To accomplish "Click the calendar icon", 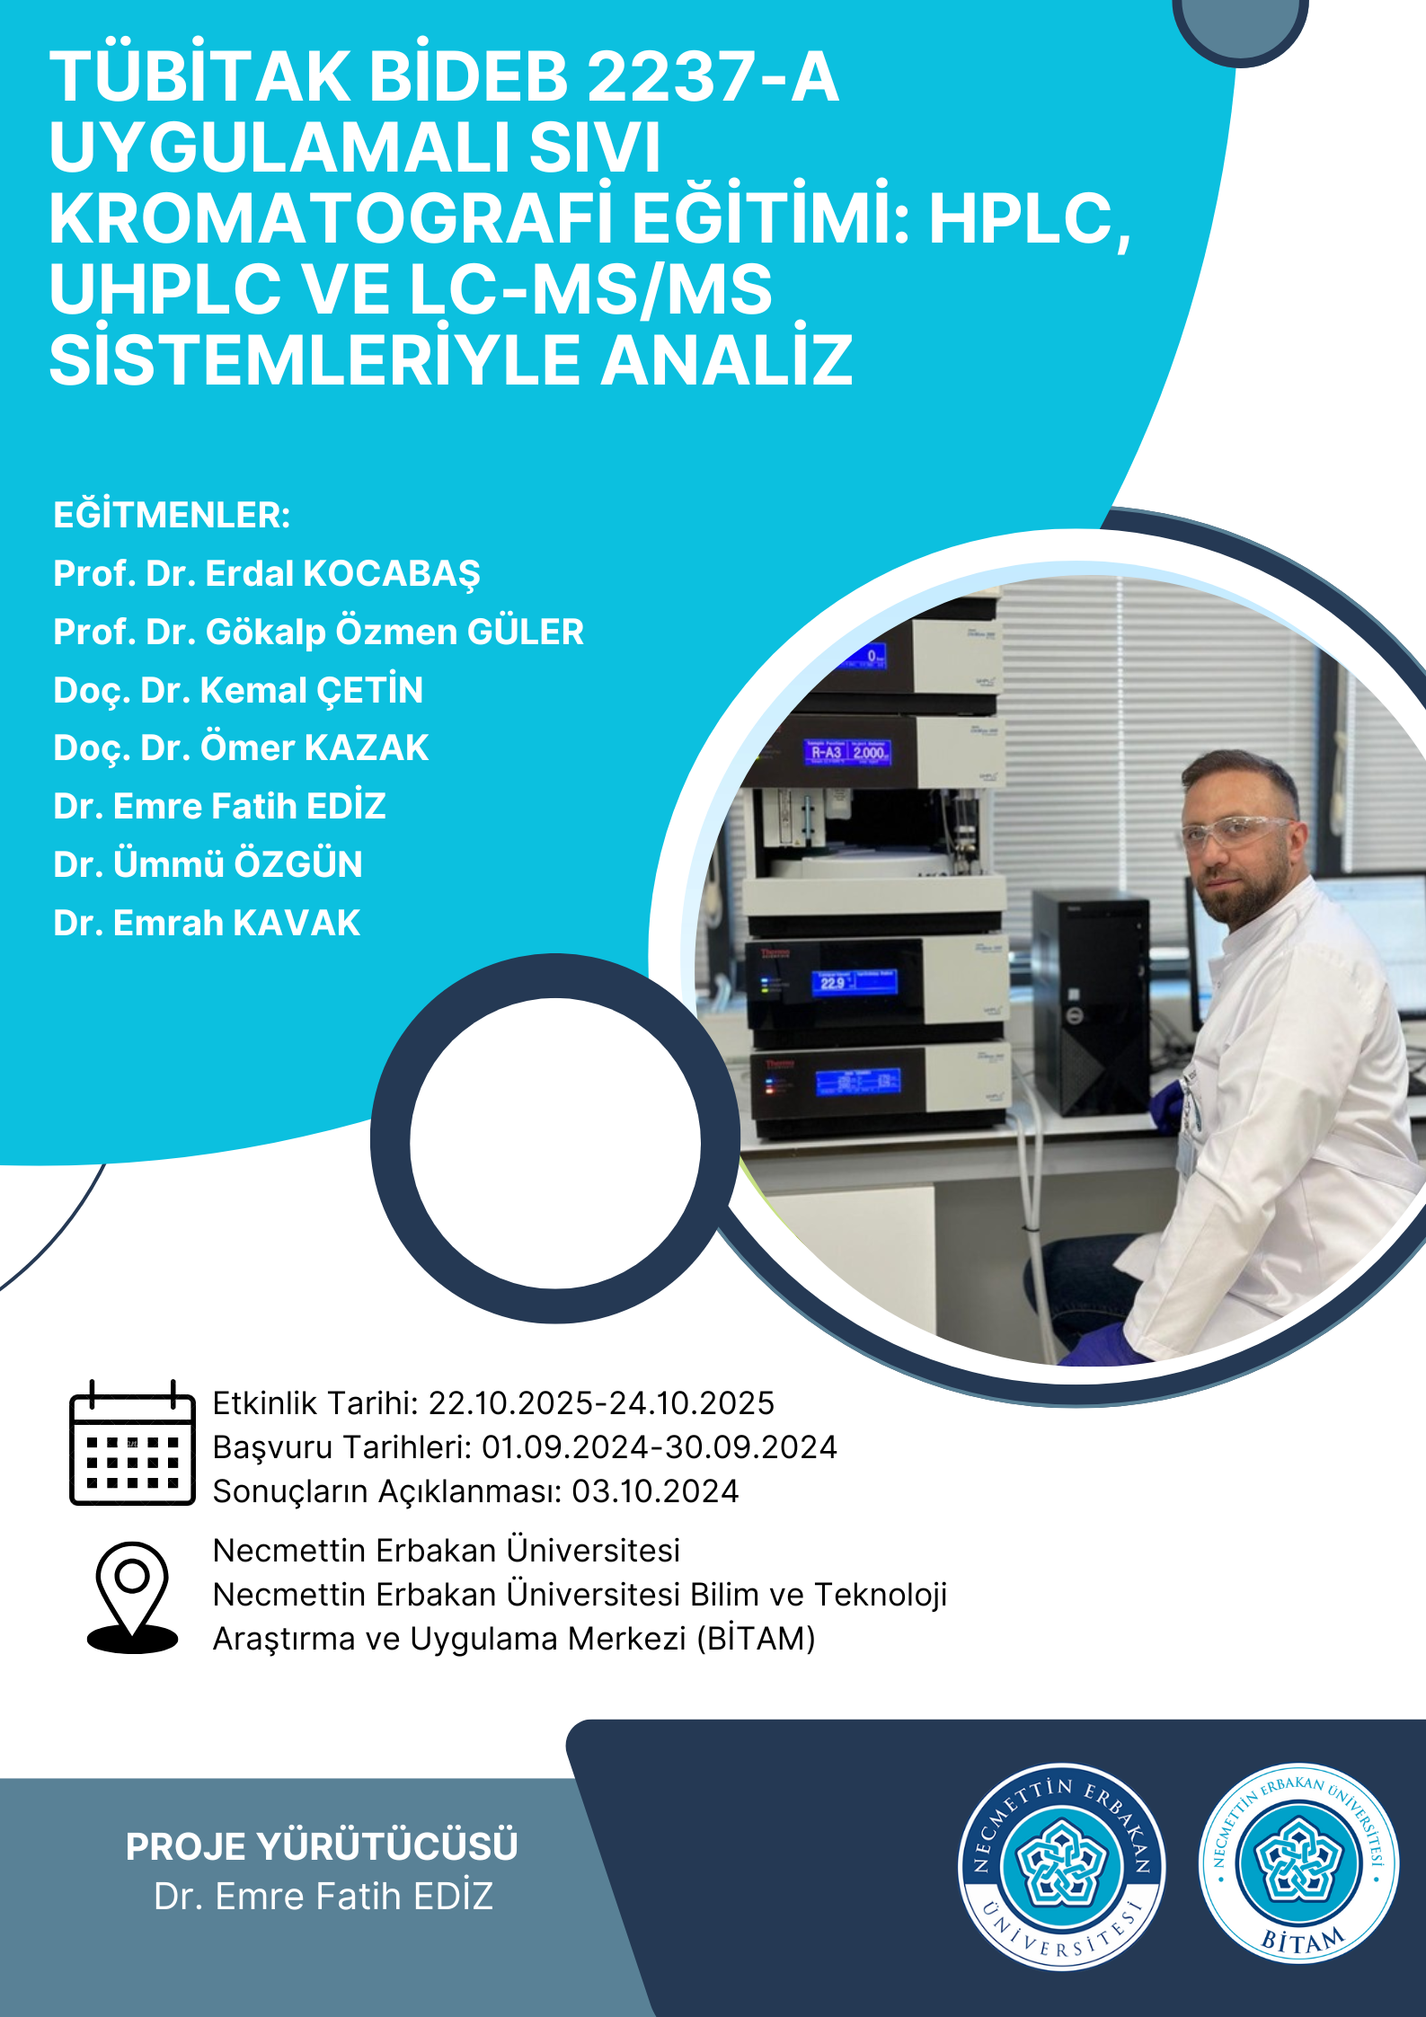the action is tap(132, 1443).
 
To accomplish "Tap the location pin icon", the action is tap(132, 1598).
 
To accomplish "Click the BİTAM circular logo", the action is tap(1298, 1864).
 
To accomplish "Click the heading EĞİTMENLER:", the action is tap(172, 516).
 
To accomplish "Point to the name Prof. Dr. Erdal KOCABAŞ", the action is tap(267, 574).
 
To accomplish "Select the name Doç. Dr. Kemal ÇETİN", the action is tap(238, 691).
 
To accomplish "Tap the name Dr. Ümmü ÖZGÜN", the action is tap(208, 864).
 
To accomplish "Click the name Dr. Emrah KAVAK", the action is tap(207, 923).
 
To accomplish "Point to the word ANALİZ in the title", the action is tap(727, 360).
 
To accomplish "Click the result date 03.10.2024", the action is tap(655, 1491).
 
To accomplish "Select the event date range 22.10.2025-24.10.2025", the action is tap(601, 1403).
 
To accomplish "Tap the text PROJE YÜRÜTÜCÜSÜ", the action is tap(322, 1846).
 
